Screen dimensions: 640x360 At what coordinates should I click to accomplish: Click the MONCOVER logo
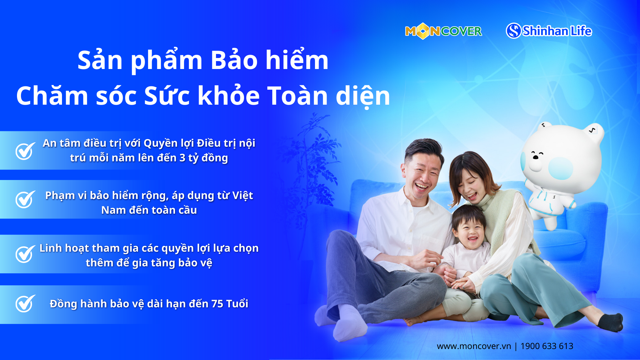pyautogui.click(x=443, y=31)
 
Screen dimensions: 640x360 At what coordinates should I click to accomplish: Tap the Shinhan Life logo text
pyautogui.click(x=557, y=31)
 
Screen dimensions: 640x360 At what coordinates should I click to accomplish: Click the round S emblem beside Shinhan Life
pyautogui.click(x=514, y=31)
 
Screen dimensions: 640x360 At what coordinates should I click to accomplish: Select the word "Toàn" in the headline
pyautogui.click(x=298, y=96)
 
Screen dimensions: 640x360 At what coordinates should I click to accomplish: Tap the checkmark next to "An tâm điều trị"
pyautogui.click(x=25, y=151)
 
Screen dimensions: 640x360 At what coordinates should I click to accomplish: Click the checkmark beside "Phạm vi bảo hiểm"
pyautogui.click(x=25, y=199)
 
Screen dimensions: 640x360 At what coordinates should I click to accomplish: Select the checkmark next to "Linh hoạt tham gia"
pyautogui.click(x=25, y=254)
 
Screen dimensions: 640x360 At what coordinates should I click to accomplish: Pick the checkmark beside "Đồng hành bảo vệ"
pyautogui.click(x=25, y=303)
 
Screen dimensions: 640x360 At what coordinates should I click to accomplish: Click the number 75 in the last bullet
pyautogui.click(x=217, y=304)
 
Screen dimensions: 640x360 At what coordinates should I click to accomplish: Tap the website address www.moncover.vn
pyautogui.click(x=474, y=346)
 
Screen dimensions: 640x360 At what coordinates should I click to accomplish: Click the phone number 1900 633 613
pyautogui.click(x=547, y=346)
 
